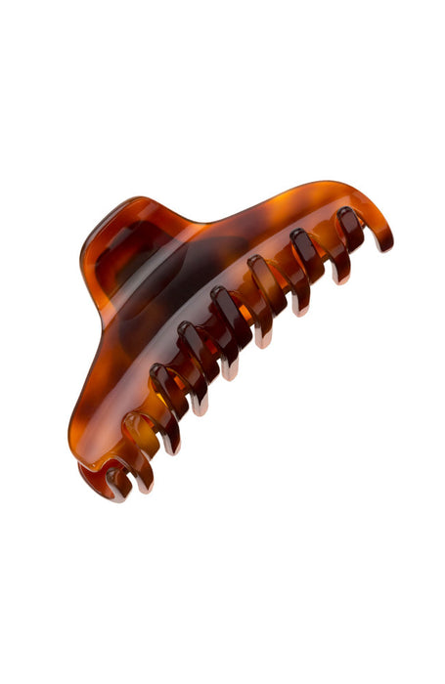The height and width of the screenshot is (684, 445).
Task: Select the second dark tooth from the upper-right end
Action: pyautogui.click(x=304, y=244)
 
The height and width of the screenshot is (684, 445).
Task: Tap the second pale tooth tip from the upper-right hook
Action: pyautogui.click(x=300, y=308)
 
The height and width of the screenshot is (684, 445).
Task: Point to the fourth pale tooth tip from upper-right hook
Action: pyautogui.click(x=229, y=372)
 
